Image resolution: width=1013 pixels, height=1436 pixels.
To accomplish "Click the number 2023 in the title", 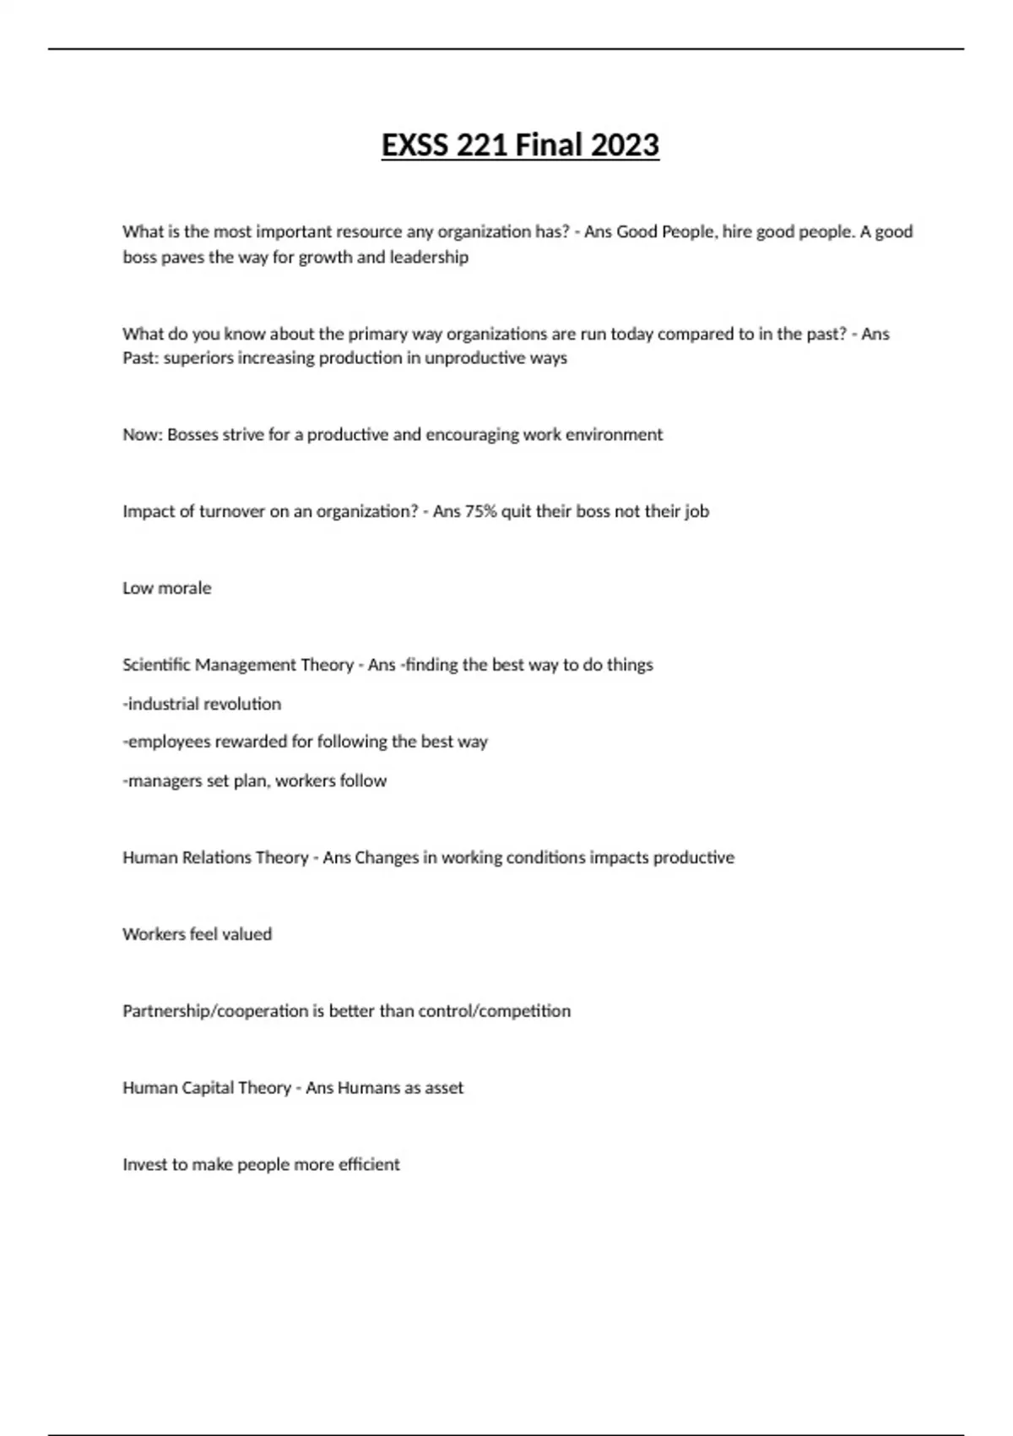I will click(x=625, y=145).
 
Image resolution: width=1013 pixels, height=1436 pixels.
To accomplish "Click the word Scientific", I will click(x=156, y=665).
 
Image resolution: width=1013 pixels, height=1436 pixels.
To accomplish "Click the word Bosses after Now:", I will click(x=192, y=435).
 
